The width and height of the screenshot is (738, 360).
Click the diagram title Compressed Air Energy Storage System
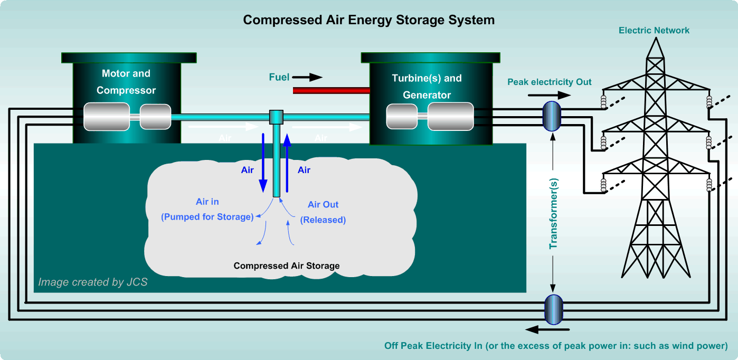pos(368,20)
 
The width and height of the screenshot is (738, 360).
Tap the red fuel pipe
pos(331,91)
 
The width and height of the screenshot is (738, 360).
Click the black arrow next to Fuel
pos(308,78)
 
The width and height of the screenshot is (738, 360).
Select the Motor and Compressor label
pos(126,82)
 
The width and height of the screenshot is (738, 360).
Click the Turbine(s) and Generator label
pos(427,87)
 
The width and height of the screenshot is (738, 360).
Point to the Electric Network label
pos(654,31)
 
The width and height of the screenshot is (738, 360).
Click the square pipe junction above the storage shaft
pos(276,117)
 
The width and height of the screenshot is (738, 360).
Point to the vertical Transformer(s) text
pos(553,212)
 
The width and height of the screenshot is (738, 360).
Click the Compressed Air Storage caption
pos(287,266)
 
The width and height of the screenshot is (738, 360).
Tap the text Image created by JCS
pos(93,282)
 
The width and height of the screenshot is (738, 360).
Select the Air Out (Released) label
pos(323,212)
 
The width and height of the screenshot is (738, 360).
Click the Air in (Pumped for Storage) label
pos(207,209)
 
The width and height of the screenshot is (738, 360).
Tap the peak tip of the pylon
pos(655,41)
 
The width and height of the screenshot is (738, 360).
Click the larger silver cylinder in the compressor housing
pos(106,116)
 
